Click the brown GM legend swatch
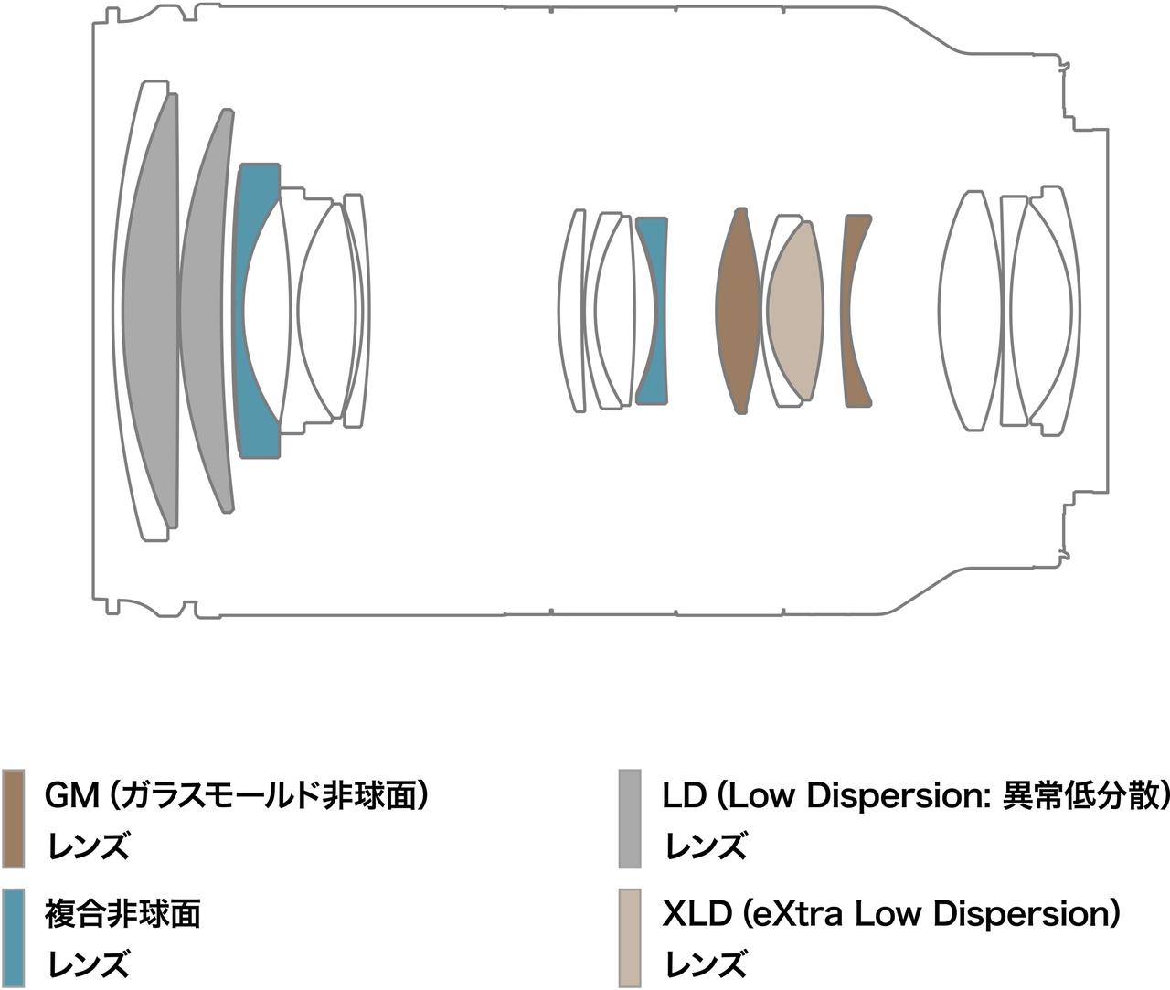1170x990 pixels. click(x=13, y=818)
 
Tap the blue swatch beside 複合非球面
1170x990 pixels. click(x=13, y=936)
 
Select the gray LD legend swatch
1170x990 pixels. click(x=630, y=818)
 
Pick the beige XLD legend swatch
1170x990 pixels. click(x=630, y=936)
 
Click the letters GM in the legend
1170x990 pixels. click(x=71, y=796)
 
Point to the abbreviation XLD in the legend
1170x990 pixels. click(x=697, y=913)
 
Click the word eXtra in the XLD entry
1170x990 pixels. click(x=798, y=913)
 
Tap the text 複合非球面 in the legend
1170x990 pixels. click(x=122, y=913)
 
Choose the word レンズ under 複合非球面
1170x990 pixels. click(x=87, y=964)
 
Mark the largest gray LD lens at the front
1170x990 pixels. click(x=149, y=311)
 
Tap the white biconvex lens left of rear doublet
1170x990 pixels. click(x=971, y=311)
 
